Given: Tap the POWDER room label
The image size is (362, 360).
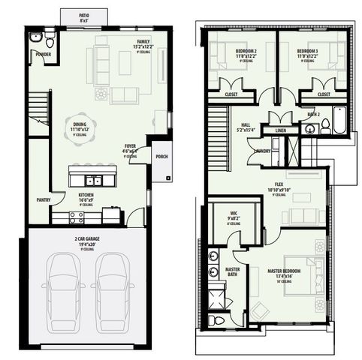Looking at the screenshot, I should point(42,55).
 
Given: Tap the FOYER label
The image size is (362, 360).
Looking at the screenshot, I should point(131,149).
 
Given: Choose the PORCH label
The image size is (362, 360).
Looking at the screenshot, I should point(161,157).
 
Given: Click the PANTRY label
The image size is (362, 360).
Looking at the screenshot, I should point(44,199).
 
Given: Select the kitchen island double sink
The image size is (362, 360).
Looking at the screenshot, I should point(93,180).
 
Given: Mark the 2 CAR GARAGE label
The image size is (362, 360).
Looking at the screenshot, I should point(88,240).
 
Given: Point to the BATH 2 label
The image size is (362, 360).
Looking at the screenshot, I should point(314,115).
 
